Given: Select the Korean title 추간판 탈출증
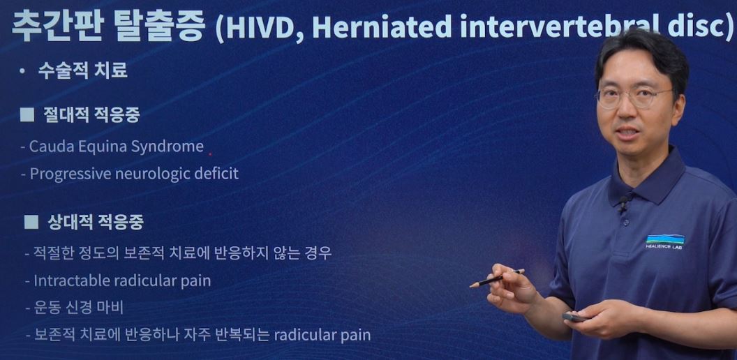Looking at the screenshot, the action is [x=108, y=27].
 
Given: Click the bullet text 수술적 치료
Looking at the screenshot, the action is [x=83, y=71].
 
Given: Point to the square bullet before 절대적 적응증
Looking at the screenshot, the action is [x=27, y=115].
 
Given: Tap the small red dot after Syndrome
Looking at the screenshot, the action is [x=210, y=153].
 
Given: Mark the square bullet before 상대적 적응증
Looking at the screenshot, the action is [x=31, y=222].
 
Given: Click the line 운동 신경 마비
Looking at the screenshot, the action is [x=78, y=308].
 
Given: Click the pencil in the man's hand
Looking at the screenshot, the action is [x=497, y=278].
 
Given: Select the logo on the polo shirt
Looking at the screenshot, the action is [x=665, y=241].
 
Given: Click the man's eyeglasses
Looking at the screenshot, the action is [x=634, y=97].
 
